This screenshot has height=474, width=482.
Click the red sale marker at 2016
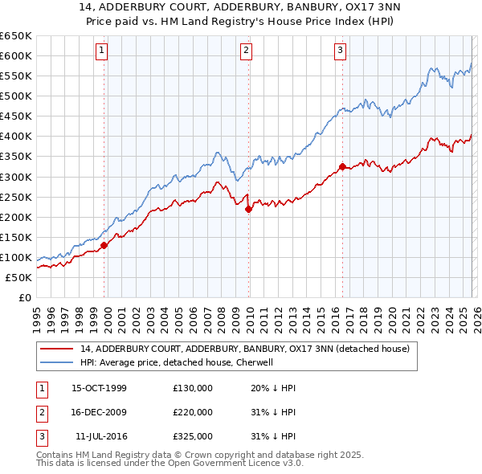(342, 167)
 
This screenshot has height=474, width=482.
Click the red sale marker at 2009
(248, 209)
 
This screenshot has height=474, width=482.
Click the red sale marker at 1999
(104, 246)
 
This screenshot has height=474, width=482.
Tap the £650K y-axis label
(16, 36)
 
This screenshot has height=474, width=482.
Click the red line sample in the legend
(56, 349)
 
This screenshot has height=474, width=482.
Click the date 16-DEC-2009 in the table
(99, 412)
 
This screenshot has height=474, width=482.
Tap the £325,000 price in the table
(193, 436)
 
